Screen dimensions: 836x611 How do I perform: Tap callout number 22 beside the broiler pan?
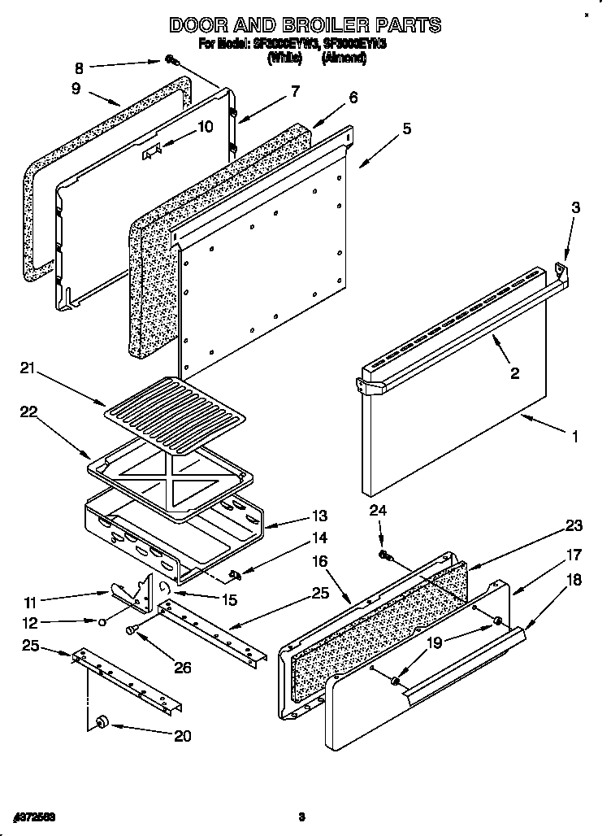coord(29,414)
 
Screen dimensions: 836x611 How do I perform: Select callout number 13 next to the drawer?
coord(318,516)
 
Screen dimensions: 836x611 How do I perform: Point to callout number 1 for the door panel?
coord(574,437)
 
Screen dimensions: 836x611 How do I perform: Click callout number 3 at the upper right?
coord(574,207)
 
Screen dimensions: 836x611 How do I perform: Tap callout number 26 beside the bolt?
coord(183,668)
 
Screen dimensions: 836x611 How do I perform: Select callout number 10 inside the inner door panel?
coord(205,126)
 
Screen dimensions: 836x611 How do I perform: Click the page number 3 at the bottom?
coord(301,816)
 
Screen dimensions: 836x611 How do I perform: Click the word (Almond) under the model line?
coord(344,59)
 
